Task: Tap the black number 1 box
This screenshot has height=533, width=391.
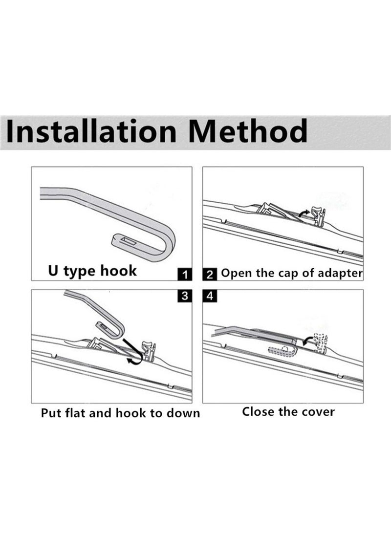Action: click(184, 275)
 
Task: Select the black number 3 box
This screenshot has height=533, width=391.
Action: click(184, 296)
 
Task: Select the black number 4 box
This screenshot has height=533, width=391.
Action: click(210, 296)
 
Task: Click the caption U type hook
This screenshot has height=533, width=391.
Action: click(92, 270)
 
